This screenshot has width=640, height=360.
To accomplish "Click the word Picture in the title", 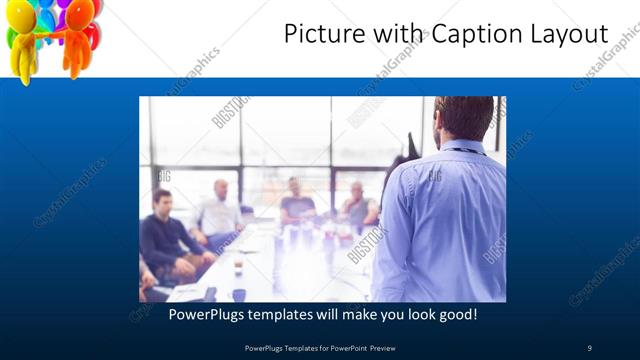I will pyautogui.click(x=318, y=35).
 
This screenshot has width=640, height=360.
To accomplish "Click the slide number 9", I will pyautogui.click(x=590, y=347).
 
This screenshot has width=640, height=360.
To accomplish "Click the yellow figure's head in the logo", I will pyautogui.click(x=23, y=15).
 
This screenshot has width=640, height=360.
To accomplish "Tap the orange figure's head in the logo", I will pyautogui.click(x=79, y=12).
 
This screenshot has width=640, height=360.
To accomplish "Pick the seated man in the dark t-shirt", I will pyautogui.click(x=296, y=201).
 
